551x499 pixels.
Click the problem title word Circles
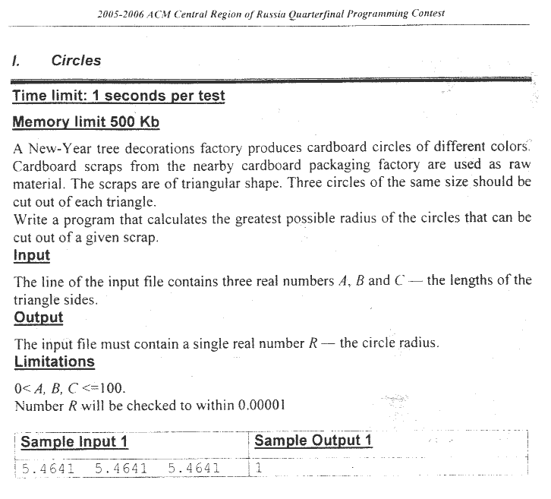click(76, 61)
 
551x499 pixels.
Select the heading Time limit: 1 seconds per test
click(118, 96)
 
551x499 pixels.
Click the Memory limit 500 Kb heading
click(86, 122)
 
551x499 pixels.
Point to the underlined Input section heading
click(32, 255)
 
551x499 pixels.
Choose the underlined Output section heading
click(38, 317)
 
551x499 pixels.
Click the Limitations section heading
click(54, 362)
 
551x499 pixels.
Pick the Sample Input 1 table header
click(74, 442)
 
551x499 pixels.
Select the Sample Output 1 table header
click(313, 441)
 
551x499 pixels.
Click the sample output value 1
click(258, 468)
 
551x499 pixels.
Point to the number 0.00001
click(261, 406)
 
